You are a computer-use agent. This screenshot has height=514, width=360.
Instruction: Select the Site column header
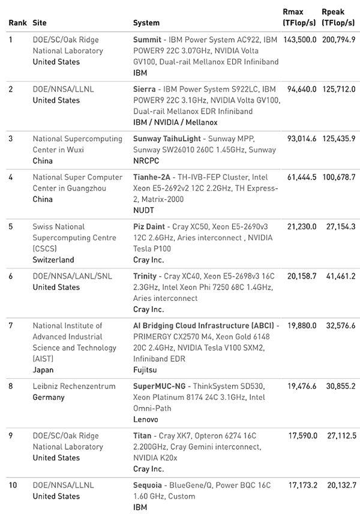(40, 23)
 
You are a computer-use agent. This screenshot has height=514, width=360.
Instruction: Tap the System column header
(146, 23)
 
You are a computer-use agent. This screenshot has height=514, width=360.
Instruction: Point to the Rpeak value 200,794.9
(338, 40)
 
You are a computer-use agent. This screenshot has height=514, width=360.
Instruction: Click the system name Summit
(147, 40)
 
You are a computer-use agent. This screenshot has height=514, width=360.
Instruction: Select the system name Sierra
(145, 89)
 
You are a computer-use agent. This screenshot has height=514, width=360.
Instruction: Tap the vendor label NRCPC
(146, 161)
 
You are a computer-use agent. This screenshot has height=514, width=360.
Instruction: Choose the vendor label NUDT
(143, 210)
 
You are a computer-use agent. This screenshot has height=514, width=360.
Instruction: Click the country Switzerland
(53, 260)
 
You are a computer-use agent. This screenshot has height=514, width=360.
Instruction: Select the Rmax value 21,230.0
(301, 226)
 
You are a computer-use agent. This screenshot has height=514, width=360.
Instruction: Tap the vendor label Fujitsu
(146, 370)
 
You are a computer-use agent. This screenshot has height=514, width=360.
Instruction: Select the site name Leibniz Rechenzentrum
(74, 386)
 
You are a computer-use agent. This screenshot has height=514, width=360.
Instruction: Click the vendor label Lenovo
(145, 419)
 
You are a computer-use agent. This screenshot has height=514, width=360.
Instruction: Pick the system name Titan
(142, 435)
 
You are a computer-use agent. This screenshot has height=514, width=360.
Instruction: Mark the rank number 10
(13, 485)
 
